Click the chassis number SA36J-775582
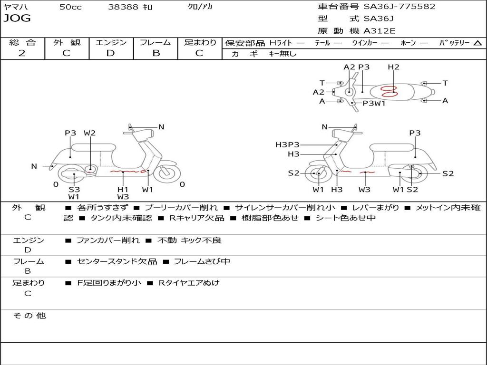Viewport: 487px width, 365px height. tap(399, 7)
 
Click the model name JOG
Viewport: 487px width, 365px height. tap(17, 19)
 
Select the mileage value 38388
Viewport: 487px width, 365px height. tap(123, 7)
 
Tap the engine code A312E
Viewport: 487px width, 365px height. tap(380, 31)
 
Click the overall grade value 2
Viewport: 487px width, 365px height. tap(22, 53)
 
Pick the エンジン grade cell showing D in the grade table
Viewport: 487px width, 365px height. tap(110, 53)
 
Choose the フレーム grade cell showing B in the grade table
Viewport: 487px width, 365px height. tap(156, 53)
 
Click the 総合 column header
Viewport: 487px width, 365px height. tap(22, 43)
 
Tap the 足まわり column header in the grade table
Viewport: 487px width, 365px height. tap(200, 43)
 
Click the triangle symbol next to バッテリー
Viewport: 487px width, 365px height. tap(477, 43)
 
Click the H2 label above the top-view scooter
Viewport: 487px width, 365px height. tap(393, 67)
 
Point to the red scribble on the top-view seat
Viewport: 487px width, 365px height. tap(389, 91)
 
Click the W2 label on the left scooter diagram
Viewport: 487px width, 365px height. tap(89, 133)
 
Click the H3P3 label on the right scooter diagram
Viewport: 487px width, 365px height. tap(287, 144)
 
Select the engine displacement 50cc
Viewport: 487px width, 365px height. tap(70, 7)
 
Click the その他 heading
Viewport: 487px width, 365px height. tap(29, 316)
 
